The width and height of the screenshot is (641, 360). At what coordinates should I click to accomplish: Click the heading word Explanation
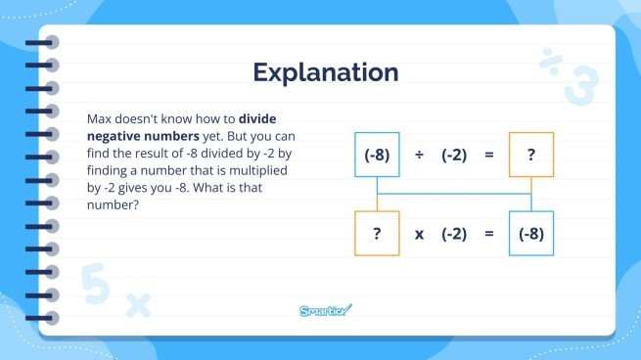click(x=326, y=72)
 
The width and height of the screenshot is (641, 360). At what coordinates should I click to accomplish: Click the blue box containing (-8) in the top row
click(x=378, y=156)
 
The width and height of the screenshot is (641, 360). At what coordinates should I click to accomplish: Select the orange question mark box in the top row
click(x=531, y=156)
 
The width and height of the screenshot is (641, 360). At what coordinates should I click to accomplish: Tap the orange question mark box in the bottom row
click(x=378, y=234)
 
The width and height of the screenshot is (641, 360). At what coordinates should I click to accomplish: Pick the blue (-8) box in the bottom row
click(x=531, y=234)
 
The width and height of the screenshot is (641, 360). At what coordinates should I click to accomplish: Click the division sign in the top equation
click(x=419, y=156)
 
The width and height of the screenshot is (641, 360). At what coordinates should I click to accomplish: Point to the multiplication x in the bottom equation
click(x=419, y=234)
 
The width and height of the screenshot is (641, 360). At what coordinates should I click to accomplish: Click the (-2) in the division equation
click(x=453, y=156)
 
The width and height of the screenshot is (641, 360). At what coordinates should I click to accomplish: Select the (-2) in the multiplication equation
click(x=453, y=234)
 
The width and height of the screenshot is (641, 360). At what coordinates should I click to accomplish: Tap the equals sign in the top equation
click(x=489, y=156)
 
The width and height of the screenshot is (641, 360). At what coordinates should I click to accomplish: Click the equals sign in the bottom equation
click(x=489, y=234)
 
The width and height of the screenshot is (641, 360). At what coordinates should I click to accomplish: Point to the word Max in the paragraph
click(x=101, y=116)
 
